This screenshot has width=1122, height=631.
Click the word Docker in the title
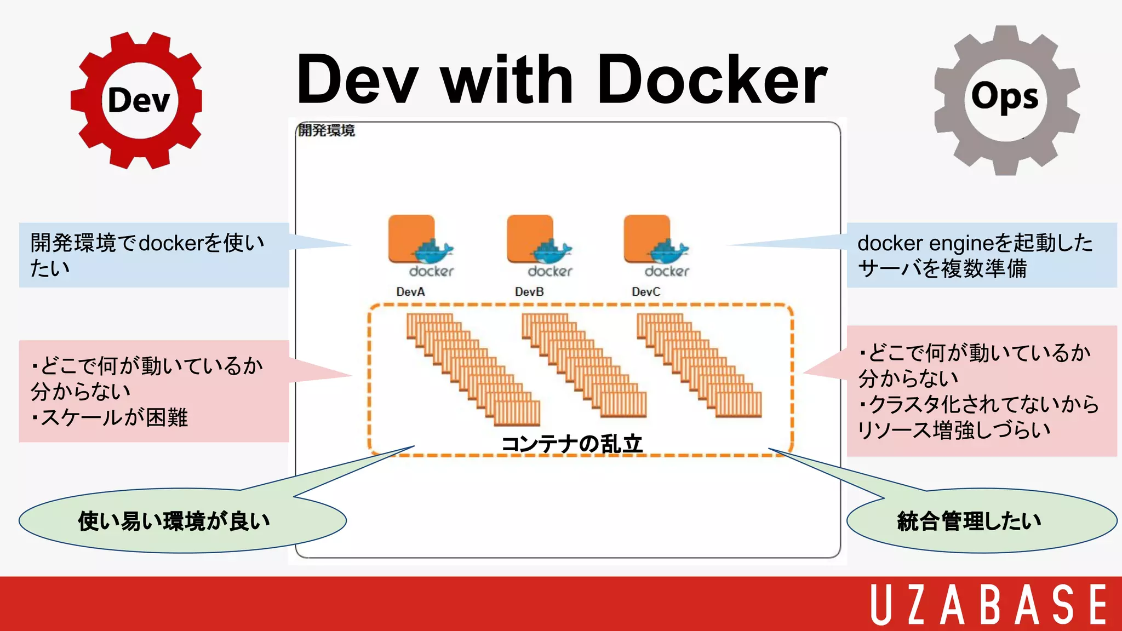712,79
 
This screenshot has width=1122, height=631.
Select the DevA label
410,292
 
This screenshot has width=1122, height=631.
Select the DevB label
529,292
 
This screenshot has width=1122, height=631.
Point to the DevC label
646,292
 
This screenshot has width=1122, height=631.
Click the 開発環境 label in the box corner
326,130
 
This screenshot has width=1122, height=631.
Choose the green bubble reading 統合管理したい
969,521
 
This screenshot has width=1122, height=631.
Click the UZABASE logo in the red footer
989,604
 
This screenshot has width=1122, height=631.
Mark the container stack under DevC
699,365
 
